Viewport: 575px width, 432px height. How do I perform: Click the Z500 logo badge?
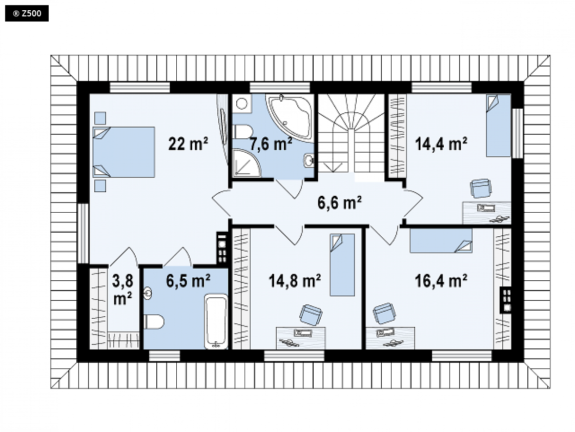point(27,13)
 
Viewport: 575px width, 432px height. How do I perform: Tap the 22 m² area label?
point(188,143)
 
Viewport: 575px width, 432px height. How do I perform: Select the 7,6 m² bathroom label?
point(271,144)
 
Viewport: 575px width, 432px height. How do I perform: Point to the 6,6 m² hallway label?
point(340,202)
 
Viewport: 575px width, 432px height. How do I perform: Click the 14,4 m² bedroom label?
point(441,144)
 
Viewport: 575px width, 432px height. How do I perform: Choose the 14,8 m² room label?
point(295,281)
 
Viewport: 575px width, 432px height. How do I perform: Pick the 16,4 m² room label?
point(441,281)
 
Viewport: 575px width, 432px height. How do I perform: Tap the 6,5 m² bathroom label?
point(188,281)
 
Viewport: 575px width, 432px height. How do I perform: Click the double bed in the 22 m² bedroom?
point(124,152)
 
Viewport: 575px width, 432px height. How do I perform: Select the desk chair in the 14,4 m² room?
point(481,188)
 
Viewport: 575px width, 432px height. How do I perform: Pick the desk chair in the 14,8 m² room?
point(311,314)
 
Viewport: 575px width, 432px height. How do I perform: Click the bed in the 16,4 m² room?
point(441,241)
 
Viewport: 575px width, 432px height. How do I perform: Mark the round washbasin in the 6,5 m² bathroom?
point(148,293)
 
